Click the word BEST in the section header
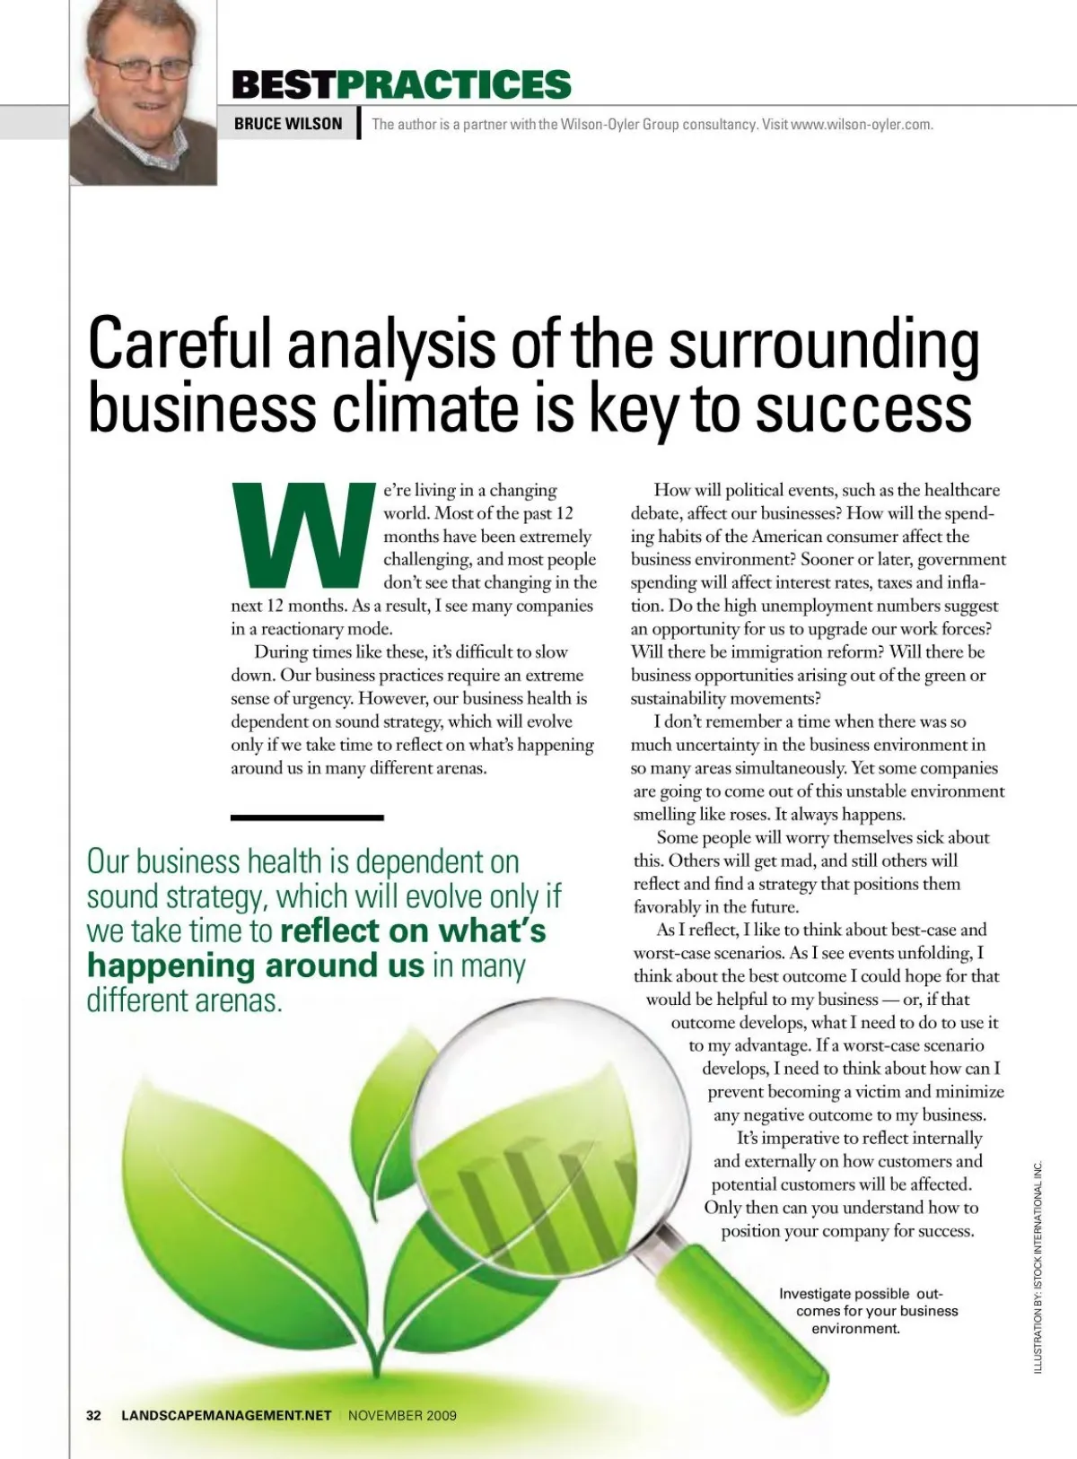tap(284, 84)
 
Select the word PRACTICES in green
tap(453, 84)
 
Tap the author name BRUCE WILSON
tap(288, 124)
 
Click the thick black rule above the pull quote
tap(307, 817)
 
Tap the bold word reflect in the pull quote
tap(330, 931)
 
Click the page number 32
tap(93, 1415)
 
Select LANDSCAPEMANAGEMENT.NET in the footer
tap(226, 1415)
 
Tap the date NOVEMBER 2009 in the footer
tap(402, 1415)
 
